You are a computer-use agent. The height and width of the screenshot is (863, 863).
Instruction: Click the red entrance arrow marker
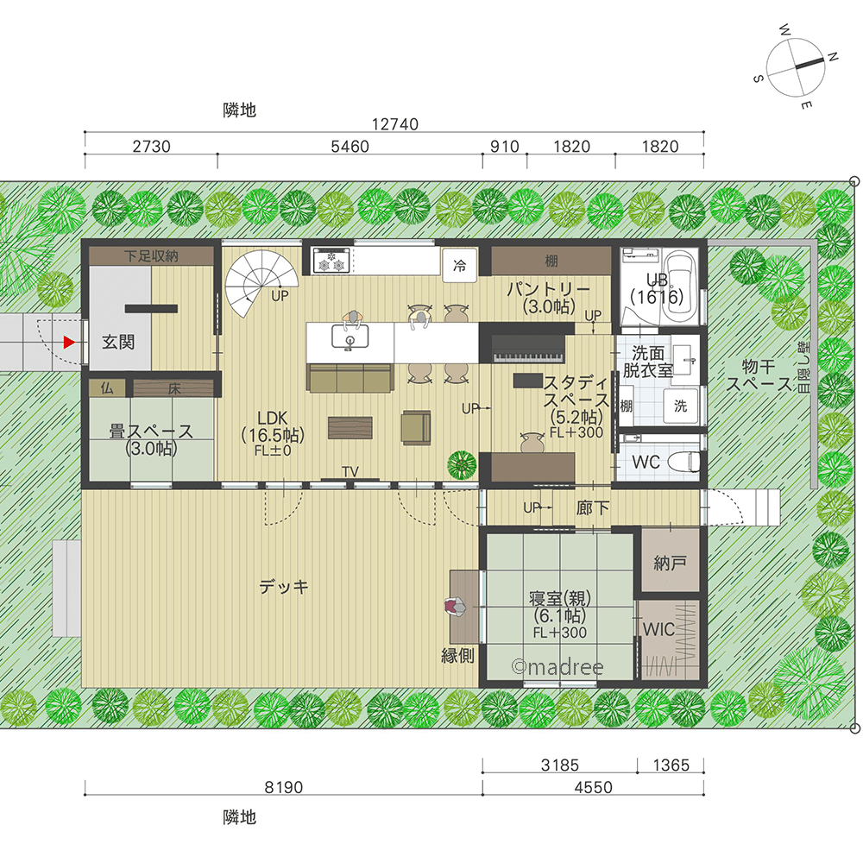click(69, 343)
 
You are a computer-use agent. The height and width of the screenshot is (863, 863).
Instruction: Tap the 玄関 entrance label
click(117, 342)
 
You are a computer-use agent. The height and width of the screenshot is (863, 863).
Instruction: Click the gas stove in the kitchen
click(331, 261)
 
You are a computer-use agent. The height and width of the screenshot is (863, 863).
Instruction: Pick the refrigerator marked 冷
click(459, 266)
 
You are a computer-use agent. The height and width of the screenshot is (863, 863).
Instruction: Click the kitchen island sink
click(350, 337)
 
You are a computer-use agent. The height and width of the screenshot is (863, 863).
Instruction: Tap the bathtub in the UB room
click(679, 288)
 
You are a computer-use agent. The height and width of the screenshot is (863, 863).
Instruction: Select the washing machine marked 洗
click(681, 406)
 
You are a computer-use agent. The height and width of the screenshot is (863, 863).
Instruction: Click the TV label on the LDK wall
click(350, 472)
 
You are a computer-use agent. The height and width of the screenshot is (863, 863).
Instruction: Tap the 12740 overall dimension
click(394, 124)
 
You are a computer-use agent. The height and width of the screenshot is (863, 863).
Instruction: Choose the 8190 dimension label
click(283, 787)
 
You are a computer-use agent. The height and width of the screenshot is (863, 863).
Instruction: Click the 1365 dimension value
click(671, 765)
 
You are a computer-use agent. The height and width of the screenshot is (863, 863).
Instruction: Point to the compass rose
click(796, 67)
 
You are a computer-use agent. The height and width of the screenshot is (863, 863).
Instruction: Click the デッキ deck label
click(283, 587)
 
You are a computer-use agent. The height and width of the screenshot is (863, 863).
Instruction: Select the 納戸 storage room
click(670, 562)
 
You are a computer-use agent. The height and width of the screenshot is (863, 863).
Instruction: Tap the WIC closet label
click(658, 629)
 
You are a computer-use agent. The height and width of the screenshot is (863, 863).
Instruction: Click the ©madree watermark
click(557, 667)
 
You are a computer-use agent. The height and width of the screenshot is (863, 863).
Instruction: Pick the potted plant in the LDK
click(462, 465)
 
